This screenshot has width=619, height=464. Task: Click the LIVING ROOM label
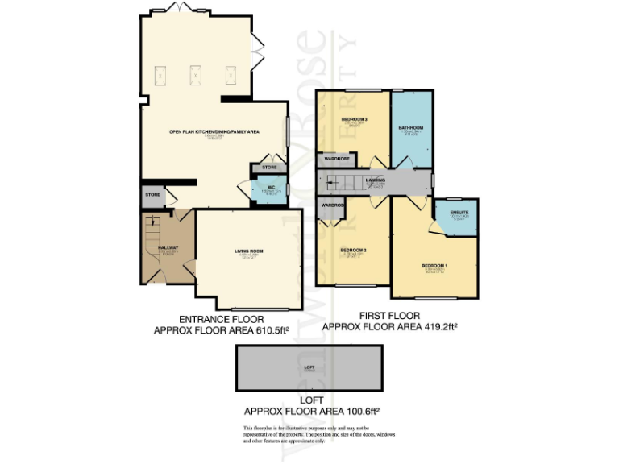249,251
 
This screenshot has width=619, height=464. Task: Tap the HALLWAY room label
168,247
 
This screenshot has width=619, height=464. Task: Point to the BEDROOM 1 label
434,266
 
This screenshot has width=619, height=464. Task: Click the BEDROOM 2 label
353,251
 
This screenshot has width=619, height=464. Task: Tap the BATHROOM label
411,128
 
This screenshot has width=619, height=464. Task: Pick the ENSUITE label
459,212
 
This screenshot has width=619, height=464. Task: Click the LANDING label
375,180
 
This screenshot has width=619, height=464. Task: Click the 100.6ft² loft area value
356,410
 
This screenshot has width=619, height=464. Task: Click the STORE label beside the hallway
152,194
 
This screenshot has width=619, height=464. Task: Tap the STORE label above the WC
269,168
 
